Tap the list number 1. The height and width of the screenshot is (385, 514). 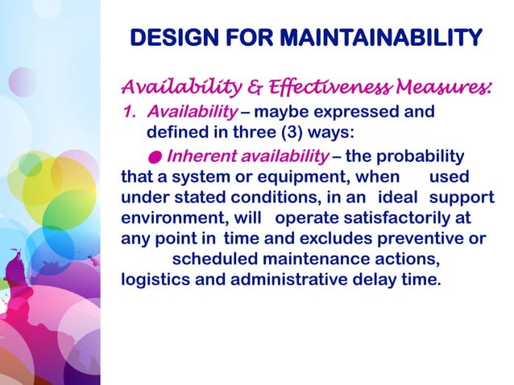click(x=126, y=111)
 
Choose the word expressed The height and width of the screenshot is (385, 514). click(x=358, y=111)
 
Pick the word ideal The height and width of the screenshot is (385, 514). click(x=400, y=197)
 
